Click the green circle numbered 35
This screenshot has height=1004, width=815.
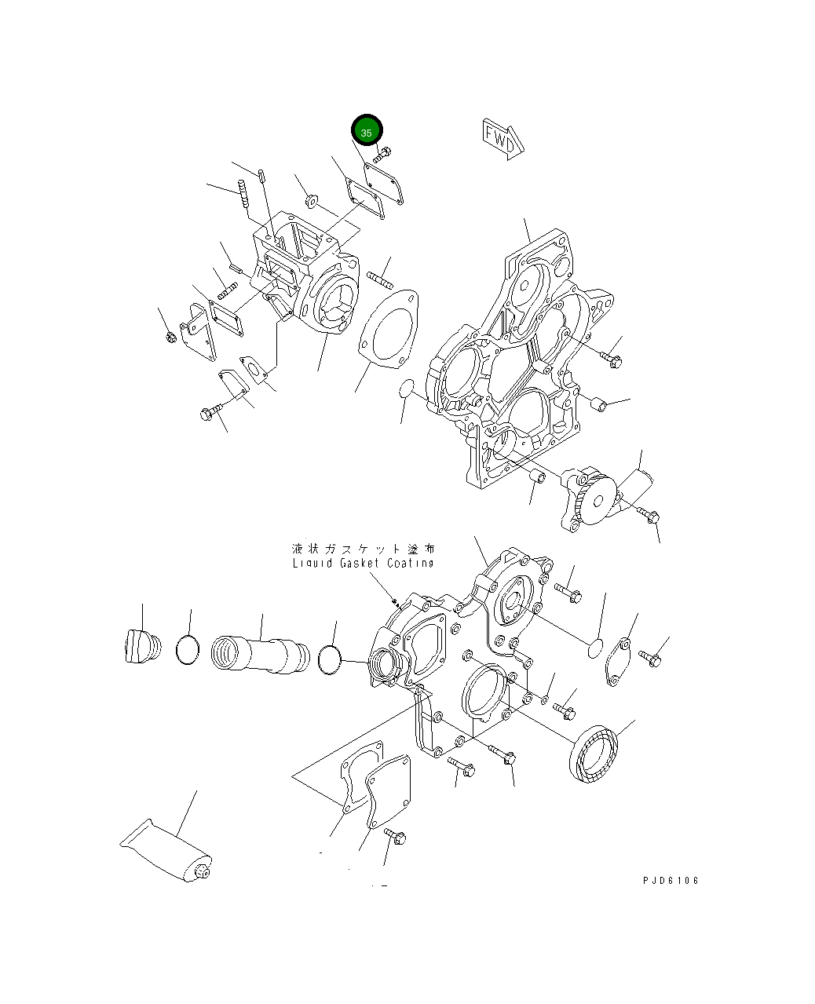(366, 130)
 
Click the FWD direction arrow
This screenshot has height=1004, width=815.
(503, 139)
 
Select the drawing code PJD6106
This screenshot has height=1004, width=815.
(671, 880)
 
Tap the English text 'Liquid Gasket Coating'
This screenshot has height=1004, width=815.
(363, 563)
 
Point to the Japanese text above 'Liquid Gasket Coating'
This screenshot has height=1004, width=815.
(363, 549)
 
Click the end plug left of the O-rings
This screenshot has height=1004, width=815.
(143, 646)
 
